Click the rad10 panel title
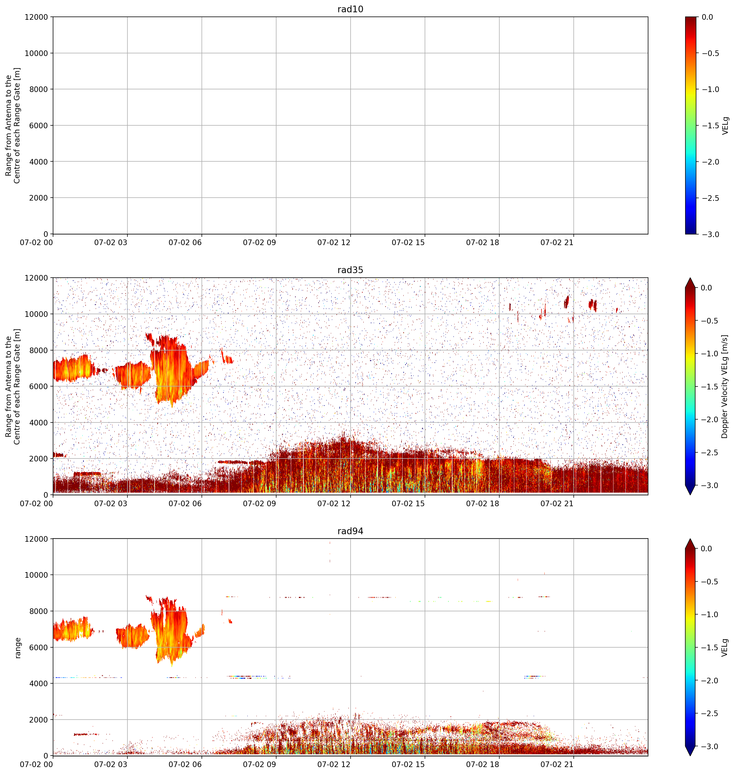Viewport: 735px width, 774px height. [x=350, y=9]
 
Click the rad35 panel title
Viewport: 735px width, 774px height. [x=350, y=270]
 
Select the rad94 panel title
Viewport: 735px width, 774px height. [x=350, y=531]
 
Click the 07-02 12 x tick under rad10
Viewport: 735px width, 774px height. [x=334, y=243]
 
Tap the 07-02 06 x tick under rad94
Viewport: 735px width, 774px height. [x=185, y=765]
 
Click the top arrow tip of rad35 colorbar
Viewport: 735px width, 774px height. [x=690, y=278]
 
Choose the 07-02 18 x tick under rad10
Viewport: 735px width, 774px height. [x=483, y=243]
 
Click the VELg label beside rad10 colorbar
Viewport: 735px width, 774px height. [x=725, y=125]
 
